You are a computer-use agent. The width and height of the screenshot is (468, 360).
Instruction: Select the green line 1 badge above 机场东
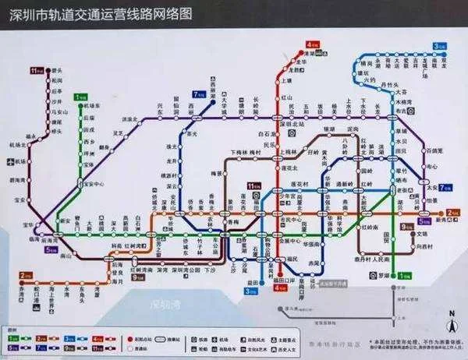click(80, 97)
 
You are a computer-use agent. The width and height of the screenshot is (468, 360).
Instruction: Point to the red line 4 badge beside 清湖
click(313, 44)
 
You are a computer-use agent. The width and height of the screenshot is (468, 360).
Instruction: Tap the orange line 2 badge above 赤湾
click(24, 275)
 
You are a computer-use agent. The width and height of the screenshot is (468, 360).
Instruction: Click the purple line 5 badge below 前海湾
click(50, 250)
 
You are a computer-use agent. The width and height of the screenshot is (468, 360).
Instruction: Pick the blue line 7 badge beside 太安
click(445, 188)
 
